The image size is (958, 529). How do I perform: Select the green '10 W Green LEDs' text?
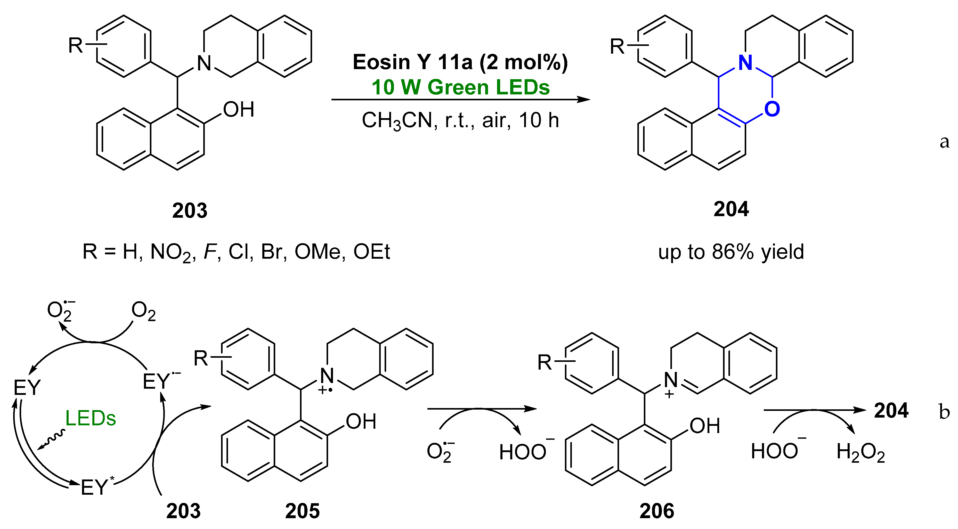coord(460,88)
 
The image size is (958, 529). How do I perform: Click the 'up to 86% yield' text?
coord(731,252)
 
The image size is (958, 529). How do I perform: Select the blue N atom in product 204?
coord(745,63)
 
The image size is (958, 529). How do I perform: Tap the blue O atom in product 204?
coord(772,109)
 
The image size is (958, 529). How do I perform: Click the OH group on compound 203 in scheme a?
coord(238,110)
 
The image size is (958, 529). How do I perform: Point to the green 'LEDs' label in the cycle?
coord(90,418)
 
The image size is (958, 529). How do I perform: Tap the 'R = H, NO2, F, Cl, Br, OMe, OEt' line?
coord(236,252)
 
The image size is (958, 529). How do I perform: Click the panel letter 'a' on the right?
coord(944,142)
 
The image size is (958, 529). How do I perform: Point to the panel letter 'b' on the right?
coord(944,412)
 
